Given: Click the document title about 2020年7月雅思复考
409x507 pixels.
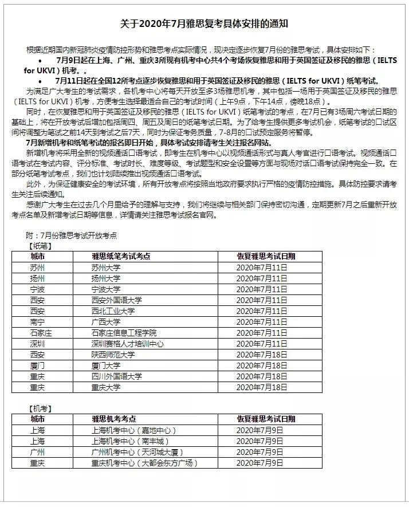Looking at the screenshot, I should coord(204,23).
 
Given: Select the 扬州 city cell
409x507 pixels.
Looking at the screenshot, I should coord(38,278).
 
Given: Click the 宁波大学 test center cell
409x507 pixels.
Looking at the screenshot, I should coord(106,289).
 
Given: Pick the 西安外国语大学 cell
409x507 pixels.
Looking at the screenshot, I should coord(117,300).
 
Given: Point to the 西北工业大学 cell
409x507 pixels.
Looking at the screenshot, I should coord(113,311).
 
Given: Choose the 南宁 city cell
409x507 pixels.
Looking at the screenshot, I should coord(38,322).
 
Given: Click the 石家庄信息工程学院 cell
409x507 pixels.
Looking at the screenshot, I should coord(124,333).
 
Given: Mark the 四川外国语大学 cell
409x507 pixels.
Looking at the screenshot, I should coord(117,376).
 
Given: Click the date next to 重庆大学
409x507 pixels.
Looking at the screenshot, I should coord(262,387).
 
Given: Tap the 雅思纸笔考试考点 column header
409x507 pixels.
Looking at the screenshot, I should coord(121,257).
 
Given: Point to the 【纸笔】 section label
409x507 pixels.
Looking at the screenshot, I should coord(40,246).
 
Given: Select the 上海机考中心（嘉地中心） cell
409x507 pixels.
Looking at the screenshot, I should coord(134,430).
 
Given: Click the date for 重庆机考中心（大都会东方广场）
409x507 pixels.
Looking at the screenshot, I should coord(259,463).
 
